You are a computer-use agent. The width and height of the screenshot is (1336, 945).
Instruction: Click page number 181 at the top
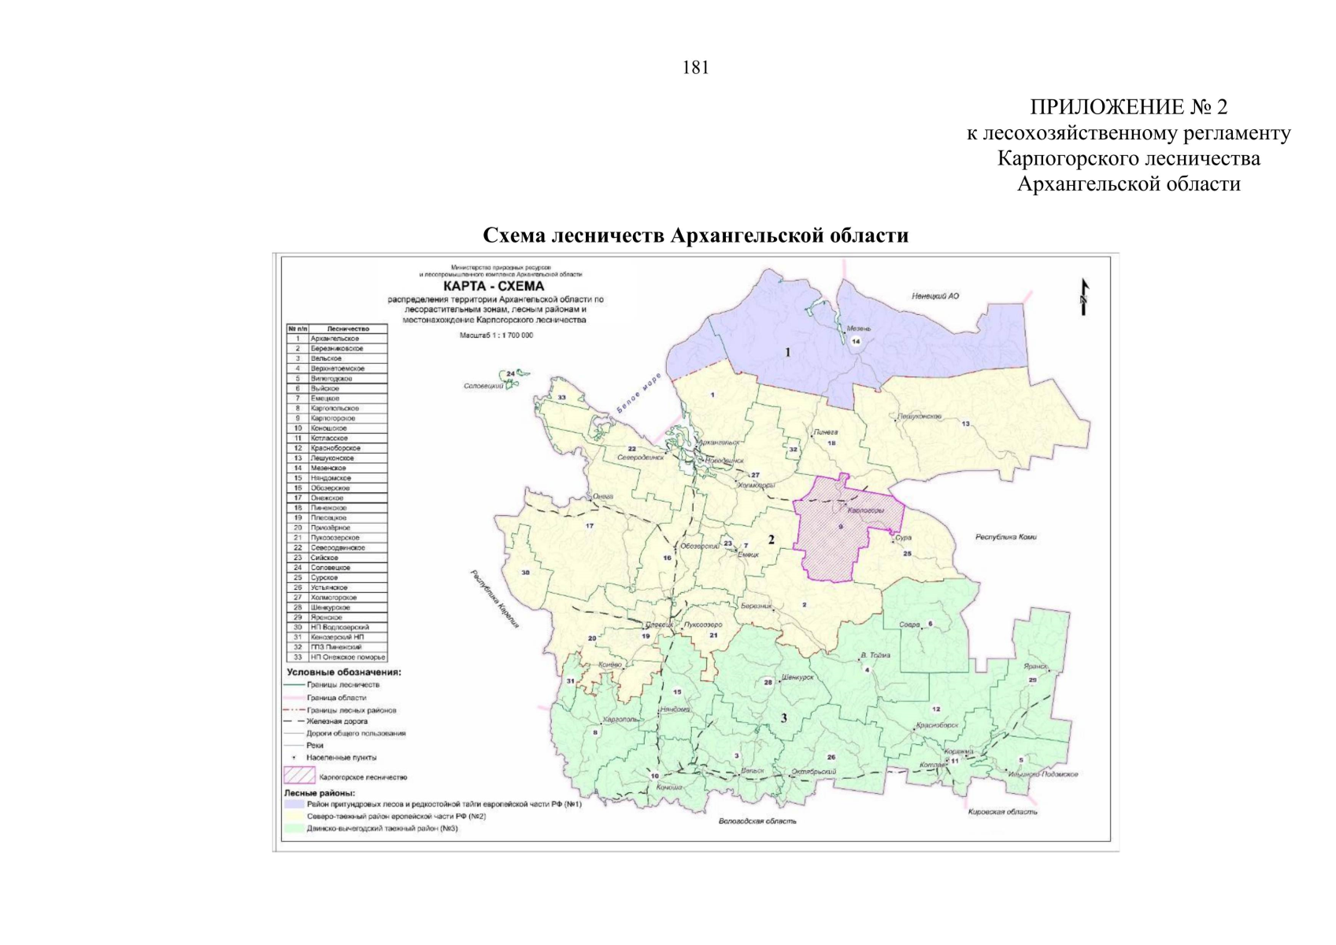(695, 69)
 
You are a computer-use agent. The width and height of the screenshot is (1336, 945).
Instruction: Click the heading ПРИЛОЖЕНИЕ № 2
(1128, 107)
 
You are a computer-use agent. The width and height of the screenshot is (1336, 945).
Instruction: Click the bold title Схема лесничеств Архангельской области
(695, 235)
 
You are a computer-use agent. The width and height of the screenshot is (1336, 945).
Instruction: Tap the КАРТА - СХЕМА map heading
(494, 287)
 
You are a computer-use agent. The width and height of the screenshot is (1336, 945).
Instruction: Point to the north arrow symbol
(1084, 298)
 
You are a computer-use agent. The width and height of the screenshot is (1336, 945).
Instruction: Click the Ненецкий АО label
(935, 296)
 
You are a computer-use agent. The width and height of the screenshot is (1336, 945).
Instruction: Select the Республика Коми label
(1005, 537)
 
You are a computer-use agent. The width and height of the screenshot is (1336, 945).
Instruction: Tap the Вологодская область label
(757, 821)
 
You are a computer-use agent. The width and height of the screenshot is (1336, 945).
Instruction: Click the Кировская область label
(1002, 811)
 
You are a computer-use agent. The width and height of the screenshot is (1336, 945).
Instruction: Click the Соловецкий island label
(483, 386)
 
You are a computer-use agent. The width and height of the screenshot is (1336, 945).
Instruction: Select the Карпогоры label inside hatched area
(865, 510)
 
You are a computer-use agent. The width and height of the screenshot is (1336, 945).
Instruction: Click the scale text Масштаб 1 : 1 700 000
(495, 335)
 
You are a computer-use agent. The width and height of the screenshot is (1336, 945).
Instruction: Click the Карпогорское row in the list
(334, 418)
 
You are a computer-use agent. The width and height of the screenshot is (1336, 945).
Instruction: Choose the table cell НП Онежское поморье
(347, 657)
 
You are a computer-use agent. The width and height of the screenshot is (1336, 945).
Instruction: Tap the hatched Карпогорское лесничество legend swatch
(299, 776)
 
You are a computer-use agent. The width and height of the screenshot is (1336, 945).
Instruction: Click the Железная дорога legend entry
(336, 721)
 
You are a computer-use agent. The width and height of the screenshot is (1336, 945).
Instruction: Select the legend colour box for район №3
(294, 828)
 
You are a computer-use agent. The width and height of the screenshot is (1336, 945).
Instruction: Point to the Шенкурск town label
(798, 676)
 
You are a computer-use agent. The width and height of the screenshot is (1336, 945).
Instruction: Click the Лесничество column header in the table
(347, 328)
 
